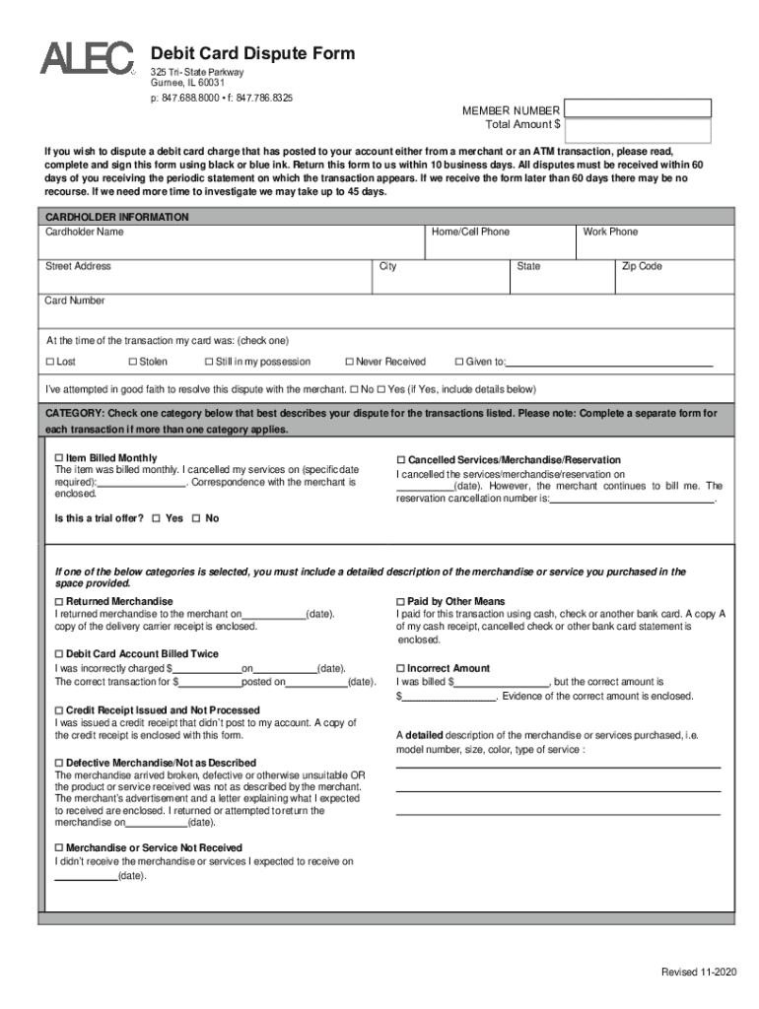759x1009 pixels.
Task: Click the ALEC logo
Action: [87, 58]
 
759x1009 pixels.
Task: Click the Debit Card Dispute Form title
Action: [251, 53]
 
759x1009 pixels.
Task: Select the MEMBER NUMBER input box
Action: [638, 108]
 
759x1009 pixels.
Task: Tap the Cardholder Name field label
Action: [85, 232]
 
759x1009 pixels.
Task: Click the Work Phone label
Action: [610, 232]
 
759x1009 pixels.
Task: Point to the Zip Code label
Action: [641, 266]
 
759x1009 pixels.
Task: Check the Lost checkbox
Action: [50, 362]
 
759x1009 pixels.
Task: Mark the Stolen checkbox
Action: [132, 362]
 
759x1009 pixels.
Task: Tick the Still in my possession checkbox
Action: [208, 362]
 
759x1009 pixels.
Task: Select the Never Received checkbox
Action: [349, 362]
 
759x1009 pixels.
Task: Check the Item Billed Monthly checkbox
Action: [58, 459]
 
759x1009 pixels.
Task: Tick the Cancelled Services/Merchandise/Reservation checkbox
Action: [401, 460]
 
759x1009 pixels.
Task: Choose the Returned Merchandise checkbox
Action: [58, 601]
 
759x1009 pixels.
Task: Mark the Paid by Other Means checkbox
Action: [400, 601]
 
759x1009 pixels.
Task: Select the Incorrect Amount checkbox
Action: [400, 668]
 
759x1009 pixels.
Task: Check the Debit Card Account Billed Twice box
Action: [58, 654]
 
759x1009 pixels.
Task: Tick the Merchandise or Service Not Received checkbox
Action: [58, 847]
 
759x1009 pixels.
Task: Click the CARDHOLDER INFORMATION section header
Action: [117, 217]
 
